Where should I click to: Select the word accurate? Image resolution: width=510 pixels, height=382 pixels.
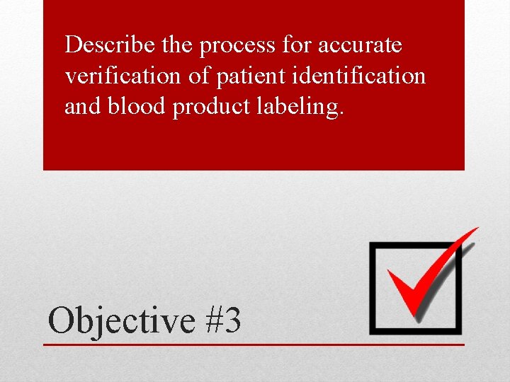(360, 46)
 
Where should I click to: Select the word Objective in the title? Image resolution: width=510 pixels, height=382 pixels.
(120, 320)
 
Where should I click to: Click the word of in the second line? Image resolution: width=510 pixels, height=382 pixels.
(198, 76)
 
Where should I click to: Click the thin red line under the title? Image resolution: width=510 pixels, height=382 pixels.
(255, 345)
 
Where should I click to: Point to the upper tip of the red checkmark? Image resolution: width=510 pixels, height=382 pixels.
(476, 230)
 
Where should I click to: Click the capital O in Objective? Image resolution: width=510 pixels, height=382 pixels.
(61, 320)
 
